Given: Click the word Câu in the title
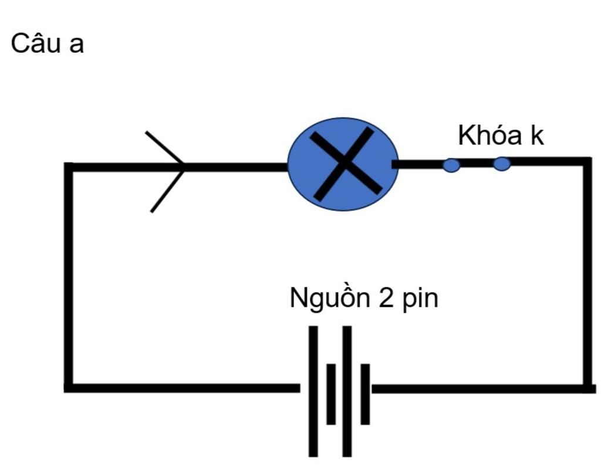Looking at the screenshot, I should coord(36,43).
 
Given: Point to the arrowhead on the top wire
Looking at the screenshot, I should coord(170,167).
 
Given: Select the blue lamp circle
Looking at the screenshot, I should coord(343,164).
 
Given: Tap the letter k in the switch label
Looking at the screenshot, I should coord(537,136).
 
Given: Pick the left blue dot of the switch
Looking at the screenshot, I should coord(451,165).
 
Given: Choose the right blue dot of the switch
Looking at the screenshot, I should coord(501,164).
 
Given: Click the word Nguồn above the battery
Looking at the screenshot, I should coord(330,298).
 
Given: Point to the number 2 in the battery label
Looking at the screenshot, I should coord(386,298).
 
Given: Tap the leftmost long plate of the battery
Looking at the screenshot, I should coord(313,391).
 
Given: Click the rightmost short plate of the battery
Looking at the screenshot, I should coord(365,394).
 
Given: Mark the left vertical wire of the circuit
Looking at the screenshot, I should coord(69,276).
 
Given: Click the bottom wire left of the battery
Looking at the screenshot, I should coord(182,388).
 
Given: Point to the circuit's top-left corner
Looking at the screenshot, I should coord(69,167).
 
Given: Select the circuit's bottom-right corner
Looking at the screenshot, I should coord(588,388).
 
